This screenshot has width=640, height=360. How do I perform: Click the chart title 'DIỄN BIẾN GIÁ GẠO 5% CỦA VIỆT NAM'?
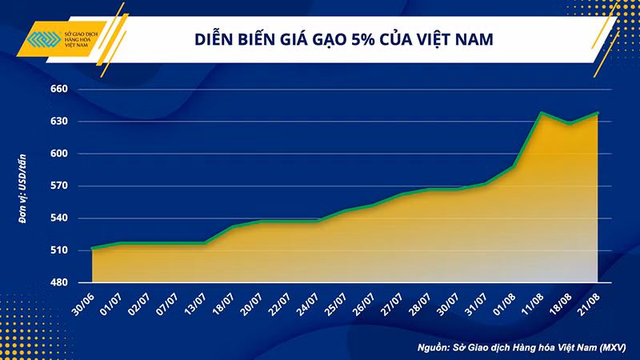coord(344,38)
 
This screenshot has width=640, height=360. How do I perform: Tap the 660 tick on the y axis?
coord(59,89)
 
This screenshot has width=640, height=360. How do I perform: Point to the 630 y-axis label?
coord(59,122)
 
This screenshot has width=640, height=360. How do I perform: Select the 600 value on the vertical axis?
coord(59,154)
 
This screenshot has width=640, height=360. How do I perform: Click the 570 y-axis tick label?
coord(59,186)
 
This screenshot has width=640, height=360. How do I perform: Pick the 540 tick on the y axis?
coord(59,218)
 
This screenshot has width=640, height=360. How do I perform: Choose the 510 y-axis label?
coord(59,250)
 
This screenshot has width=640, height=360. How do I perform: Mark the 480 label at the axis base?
coord(59,282)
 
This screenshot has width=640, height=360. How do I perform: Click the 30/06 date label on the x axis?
coord(83,305)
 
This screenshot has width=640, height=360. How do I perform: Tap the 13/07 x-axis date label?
coord(195,305)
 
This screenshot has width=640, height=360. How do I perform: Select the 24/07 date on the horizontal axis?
coord(308,305)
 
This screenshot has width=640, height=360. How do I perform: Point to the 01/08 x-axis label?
coord(505,305)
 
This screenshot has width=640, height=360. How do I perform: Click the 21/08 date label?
coord(589,305)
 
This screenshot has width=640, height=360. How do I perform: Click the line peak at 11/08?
coord(542,113)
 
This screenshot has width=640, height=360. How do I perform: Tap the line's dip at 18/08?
coord(570,123)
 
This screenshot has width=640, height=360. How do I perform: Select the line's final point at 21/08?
coord(598,113)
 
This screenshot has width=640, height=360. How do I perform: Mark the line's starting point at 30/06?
coord(93,248)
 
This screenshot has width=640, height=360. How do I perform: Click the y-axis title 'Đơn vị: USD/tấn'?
coord(22,189)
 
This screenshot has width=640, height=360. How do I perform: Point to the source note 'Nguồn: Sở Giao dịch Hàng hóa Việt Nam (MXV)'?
coord(522,348)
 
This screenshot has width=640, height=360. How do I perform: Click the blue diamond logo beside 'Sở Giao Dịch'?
coord(44,39)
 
